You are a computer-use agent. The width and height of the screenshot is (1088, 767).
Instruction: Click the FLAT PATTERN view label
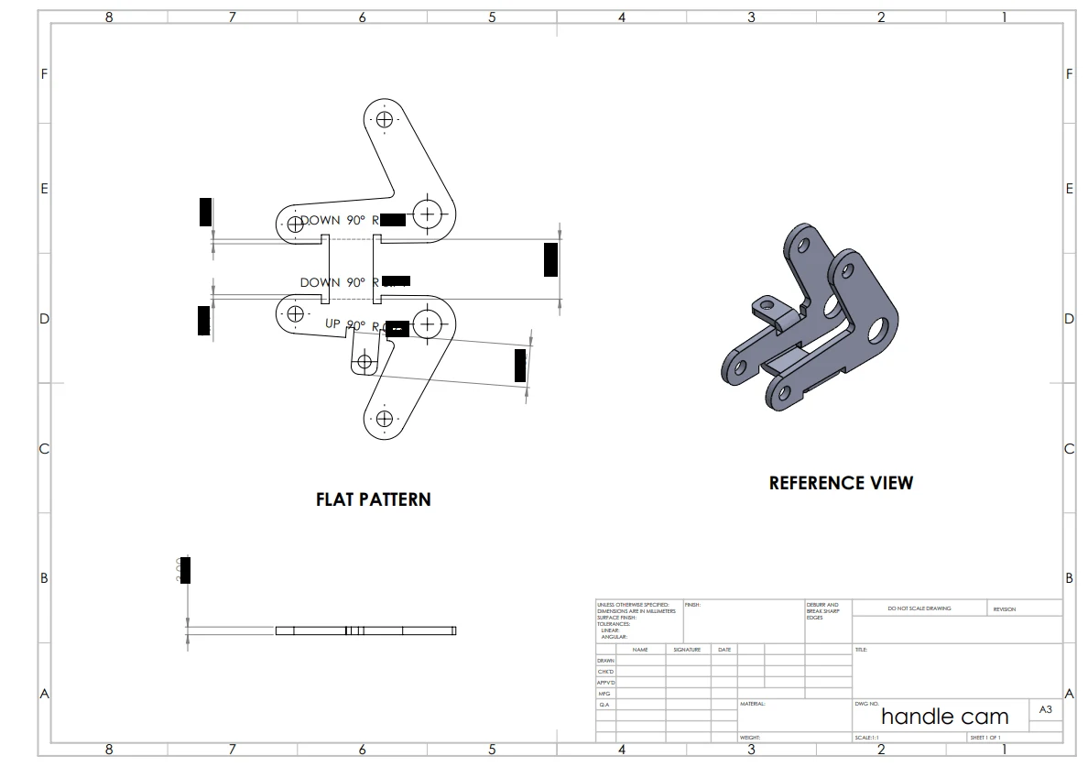click(x=373, y=499)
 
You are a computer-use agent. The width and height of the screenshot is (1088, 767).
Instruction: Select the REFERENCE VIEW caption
click(x=841, y=483)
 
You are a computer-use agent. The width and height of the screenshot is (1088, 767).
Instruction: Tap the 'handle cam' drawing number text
click(x=944, y=717)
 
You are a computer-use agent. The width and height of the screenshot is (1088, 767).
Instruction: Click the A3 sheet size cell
click(x=1045, y=709)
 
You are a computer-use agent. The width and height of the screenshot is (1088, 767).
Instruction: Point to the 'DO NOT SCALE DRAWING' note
click(x=919, y=608)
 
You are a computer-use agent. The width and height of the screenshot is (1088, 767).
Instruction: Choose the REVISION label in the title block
click(x=1004, y=609)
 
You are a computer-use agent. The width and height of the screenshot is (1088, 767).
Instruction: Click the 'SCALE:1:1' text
click(x=866, y=737)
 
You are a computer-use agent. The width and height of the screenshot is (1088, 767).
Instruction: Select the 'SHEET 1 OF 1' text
click(x=985, y=737)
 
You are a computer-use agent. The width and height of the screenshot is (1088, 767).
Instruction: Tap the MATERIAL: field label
click(x=752, y=704)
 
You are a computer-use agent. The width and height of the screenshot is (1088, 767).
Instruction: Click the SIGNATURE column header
click(x=687, y=650)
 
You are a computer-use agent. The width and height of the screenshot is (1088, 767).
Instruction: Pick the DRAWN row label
click(x=605, y=661)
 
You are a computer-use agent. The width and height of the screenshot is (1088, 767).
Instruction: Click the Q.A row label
click(x=604, y=705)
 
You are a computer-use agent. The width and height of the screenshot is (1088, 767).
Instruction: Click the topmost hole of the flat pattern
click(x=384, y=119)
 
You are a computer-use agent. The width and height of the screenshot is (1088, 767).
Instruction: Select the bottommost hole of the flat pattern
click(x=384, y=419)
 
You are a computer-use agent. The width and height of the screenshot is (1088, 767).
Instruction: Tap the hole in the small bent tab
click(x=364, y=362)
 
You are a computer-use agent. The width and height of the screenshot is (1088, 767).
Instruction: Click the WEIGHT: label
click(x=750, y=737)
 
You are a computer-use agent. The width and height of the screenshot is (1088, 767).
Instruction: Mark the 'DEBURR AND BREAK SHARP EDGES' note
click(x=821, y=611)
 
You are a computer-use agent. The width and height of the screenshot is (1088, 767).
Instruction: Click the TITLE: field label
click(x=861, y=650)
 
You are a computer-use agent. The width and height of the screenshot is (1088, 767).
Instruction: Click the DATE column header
click(x=724, y=650)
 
